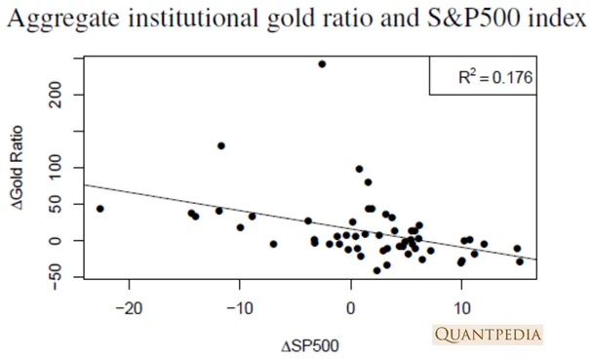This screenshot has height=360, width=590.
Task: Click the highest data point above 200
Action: coord(322,64)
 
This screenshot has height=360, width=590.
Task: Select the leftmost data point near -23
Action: coord(100,209)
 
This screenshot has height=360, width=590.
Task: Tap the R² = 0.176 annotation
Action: coord(495,77)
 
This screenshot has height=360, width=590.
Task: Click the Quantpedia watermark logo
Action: coord(488,335)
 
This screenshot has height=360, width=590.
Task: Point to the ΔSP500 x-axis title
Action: coord(310,345)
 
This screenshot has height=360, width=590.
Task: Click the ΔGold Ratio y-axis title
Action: coord(18,168)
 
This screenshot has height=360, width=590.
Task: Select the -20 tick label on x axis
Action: coord(129,309)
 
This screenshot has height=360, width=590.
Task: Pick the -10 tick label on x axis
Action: coord(240,309)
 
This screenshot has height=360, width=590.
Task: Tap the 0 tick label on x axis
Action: coord(351,309)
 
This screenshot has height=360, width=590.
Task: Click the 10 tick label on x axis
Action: coord(461,309)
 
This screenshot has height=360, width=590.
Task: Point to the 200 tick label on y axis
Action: coord(56,95)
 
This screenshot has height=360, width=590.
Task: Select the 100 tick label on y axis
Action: coord(56,168)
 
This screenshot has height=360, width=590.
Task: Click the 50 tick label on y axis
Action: coord(56,204)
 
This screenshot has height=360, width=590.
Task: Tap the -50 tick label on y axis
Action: coord(56,277)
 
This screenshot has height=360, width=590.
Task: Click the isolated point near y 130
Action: coord(221,145)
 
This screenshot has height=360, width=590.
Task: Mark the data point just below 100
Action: coord(359,169)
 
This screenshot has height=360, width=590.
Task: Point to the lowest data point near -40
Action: coord(376,270)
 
